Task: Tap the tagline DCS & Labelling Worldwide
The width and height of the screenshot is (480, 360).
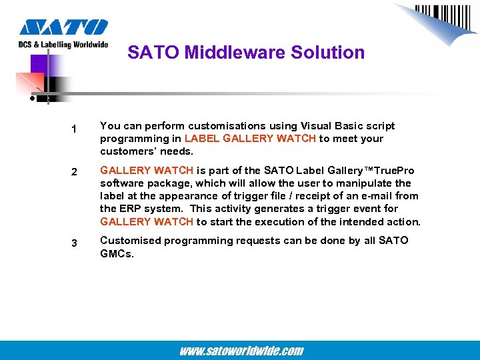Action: pyautogui.click(x=63, y=45)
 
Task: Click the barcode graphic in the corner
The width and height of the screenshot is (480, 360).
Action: pyautogui.click(x=437, y=20)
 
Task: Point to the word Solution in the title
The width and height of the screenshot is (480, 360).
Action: pyautogui.click(x=331, y=53)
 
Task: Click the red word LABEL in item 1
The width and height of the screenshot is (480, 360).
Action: pyautogui.click(x=202, y=139)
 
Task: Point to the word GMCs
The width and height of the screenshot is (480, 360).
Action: pyautogui.click(x=117, y=253)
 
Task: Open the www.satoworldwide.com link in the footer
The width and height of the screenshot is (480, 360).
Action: pyautogui.click(x=241, y=351)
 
